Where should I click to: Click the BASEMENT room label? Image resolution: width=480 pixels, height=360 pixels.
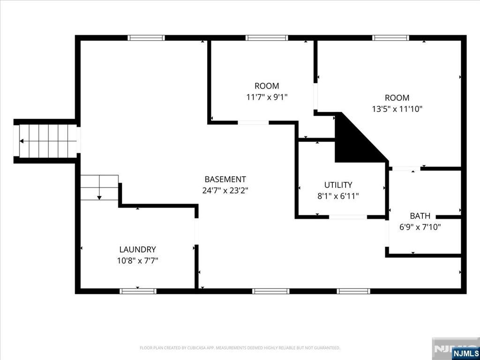pos(225,179)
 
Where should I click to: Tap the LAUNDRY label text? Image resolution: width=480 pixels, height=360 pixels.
pos(137,249)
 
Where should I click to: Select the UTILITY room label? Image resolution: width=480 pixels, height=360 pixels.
pos(338,185)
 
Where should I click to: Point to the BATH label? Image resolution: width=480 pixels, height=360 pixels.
pos(420,216)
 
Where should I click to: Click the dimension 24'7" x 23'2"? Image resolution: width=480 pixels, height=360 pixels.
pos(225,190)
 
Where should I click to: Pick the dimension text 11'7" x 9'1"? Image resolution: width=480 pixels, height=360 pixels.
pos(267,97)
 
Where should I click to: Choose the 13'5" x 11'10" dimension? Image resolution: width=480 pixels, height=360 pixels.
pos(397,109)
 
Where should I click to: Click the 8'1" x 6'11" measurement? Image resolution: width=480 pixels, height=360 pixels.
pos(338,196)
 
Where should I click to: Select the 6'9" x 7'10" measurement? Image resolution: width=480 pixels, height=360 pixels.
pos(420,227)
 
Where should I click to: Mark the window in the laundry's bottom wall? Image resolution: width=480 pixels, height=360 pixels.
pos(138,291)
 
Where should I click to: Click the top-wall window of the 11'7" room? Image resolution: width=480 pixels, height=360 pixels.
pos(267,38)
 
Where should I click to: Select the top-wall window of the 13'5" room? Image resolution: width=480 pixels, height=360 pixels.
pos(390,38)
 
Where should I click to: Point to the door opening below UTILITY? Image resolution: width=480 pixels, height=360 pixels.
pos(348,217)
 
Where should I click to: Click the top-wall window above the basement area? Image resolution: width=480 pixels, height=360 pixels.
pos(146,38)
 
